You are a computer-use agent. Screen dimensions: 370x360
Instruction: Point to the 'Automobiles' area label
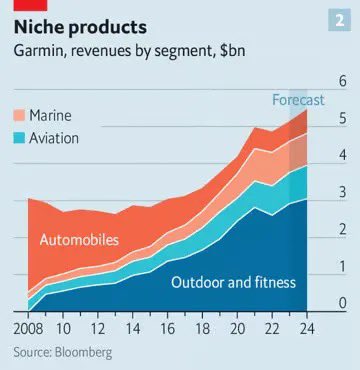click(x=79, y=240)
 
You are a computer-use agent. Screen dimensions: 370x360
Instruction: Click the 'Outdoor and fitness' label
click(x=233, y=282)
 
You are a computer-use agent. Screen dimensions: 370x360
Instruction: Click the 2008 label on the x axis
click(x=29, y=327)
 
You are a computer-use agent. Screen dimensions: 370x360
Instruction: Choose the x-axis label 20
click(x=237, y=327)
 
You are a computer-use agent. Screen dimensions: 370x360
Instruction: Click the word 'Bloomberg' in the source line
click(x=84, y=351)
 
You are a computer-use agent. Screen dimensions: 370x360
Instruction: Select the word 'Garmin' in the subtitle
click(x=39, y=48)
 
